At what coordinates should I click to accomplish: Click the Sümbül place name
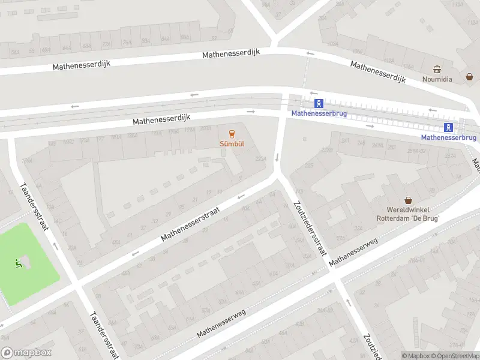point(232,144)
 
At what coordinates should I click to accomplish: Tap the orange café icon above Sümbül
point(232,134)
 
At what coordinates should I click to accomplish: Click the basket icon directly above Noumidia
point(438,70)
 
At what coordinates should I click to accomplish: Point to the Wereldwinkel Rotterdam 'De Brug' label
point(408,215)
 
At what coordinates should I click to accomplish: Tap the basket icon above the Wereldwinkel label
point(409,200)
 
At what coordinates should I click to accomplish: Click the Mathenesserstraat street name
point(191,226)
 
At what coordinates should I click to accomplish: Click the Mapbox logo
point(26,353)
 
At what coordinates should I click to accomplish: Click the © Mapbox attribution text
point(415,356)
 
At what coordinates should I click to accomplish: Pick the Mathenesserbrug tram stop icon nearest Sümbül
point(320,103)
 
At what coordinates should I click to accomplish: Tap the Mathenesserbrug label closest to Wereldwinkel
point(448,137)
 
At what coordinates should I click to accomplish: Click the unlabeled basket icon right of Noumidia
point(470,77)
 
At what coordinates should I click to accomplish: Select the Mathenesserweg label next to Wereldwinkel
point(353,251)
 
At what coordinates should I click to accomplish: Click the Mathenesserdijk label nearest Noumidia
point(378,72)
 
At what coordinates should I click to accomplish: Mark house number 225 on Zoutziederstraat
point(310,165)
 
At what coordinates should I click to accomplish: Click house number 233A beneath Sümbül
point(260,159)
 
